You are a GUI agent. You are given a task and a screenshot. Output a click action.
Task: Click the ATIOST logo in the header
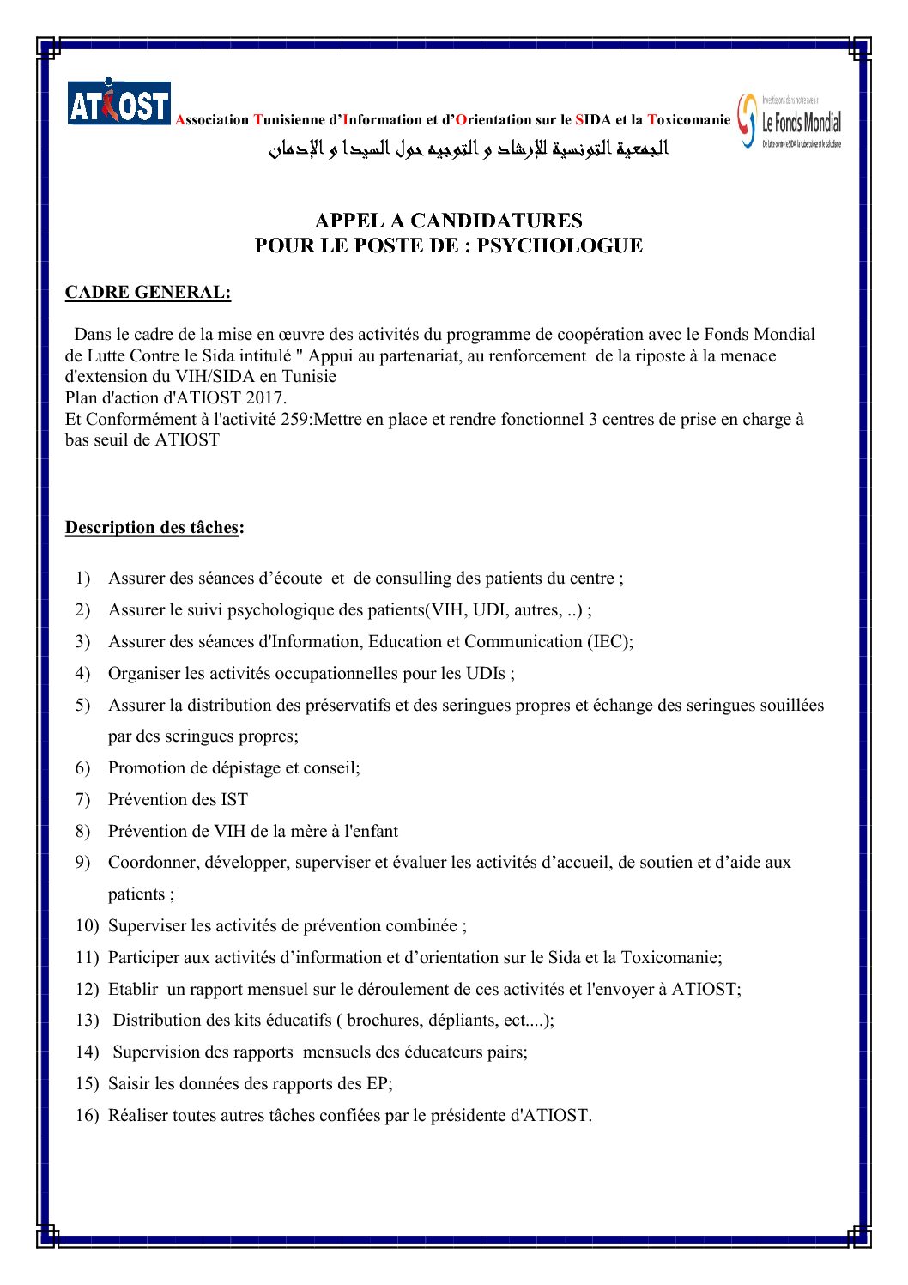tap(119, 103)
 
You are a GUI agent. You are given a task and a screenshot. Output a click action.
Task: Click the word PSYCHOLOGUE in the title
tap(560, 245)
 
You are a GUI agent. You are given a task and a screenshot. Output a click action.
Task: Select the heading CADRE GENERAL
tap(148, 293)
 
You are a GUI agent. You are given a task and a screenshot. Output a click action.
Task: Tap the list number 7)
tap(82, 800)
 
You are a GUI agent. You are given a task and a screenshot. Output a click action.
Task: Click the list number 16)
tap(87, 1116)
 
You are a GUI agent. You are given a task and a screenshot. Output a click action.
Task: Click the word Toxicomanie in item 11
tap(670, 958)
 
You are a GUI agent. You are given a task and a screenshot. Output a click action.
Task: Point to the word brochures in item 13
tap(381, 1021)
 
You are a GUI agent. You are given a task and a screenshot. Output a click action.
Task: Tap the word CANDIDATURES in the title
tap(496, 221)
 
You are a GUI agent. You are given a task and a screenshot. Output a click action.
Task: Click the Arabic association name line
tap(469, 149)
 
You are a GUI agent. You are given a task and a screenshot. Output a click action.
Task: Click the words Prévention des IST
tap(178, 800)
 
